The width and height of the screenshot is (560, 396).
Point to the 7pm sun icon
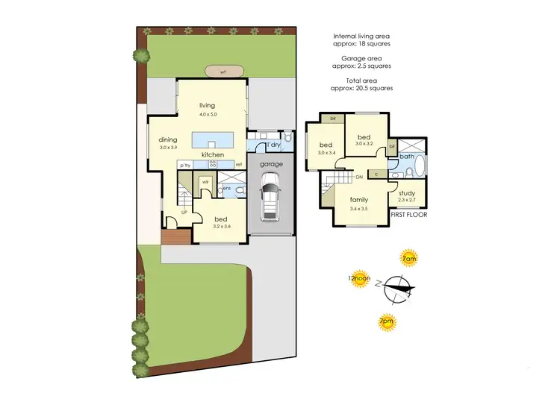[x=386, y=322]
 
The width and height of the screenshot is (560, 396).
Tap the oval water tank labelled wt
[x=223, y=72]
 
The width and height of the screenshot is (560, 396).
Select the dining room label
[x=168, y=139]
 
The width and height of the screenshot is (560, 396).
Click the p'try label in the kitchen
[x=184, y=165]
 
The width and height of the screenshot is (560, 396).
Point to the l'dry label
[x=273, y=144]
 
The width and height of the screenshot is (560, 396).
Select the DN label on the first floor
[x=359, y=177]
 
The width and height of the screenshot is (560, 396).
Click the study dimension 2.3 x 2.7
[x=407, y=200]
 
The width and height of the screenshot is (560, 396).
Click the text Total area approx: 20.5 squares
[x=362, y=84]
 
